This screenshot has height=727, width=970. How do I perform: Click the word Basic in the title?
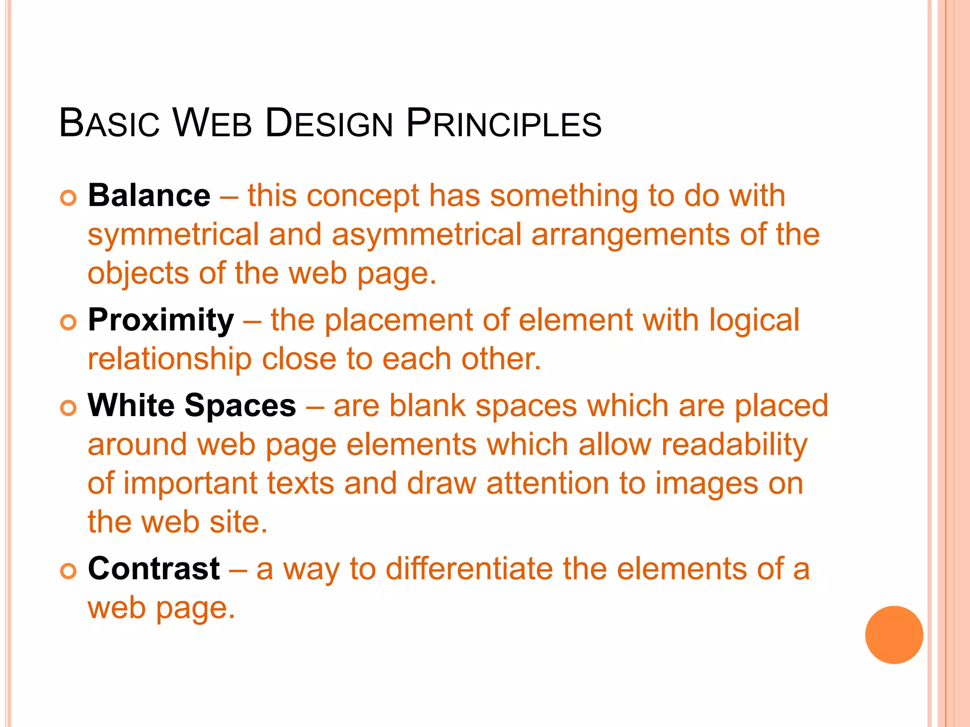tap(109, 124)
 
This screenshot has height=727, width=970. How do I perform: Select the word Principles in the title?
tap(503, 124)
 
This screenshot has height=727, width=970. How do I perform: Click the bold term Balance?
tap(149, 195)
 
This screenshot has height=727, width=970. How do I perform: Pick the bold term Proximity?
tap(161, 320)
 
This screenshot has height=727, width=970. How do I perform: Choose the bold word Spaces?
tap(240, 406)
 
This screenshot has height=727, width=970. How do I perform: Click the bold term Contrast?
tap(154, 568)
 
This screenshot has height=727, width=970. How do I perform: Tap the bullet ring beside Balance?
tap(69, 198)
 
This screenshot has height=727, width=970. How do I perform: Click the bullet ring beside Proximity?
tap(69, 322)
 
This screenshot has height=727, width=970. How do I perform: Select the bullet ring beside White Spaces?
tap(69, 408)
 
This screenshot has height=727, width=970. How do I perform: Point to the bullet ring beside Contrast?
tap(69, 571)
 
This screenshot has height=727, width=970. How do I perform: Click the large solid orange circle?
tap(894, 635)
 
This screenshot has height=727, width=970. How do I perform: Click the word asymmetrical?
tap(426, 235)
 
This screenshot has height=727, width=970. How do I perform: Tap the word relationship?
tap(170, 359)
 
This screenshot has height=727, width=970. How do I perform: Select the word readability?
tap(734, 445)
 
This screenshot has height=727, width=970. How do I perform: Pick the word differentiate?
tap(469, 568)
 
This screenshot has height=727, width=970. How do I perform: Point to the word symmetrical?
tap(173, 235)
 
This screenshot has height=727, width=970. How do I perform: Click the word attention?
tap(547, 484)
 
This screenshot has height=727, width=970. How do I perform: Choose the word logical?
tap(754, 320)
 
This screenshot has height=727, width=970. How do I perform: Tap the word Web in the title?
tap(212, 124)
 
